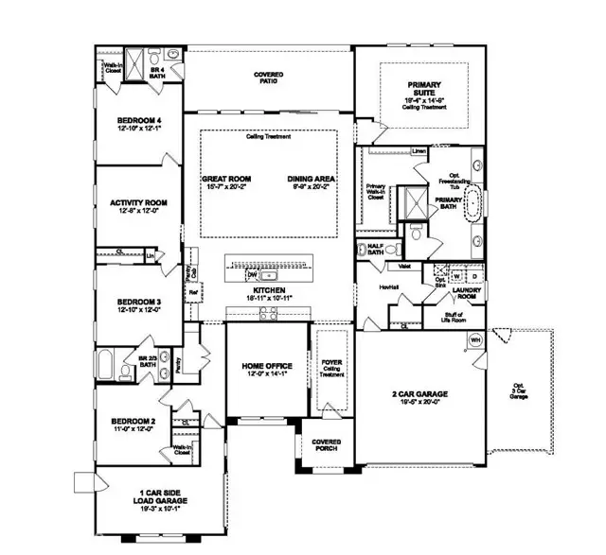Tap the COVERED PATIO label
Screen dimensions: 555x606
[x=270, y=78]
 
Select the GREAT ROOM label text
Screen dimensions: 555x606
[x=225, y=178]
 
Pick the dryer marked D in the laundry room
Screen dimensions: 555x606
[x=472, y=276]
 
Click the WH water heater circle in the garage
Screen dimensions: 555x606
[x=475, y=339]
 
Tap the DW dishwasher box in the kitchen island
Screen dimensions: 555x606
[x=251, y=276]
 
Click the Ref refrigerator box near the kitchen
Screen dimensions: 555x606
[x=193, y=293]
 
